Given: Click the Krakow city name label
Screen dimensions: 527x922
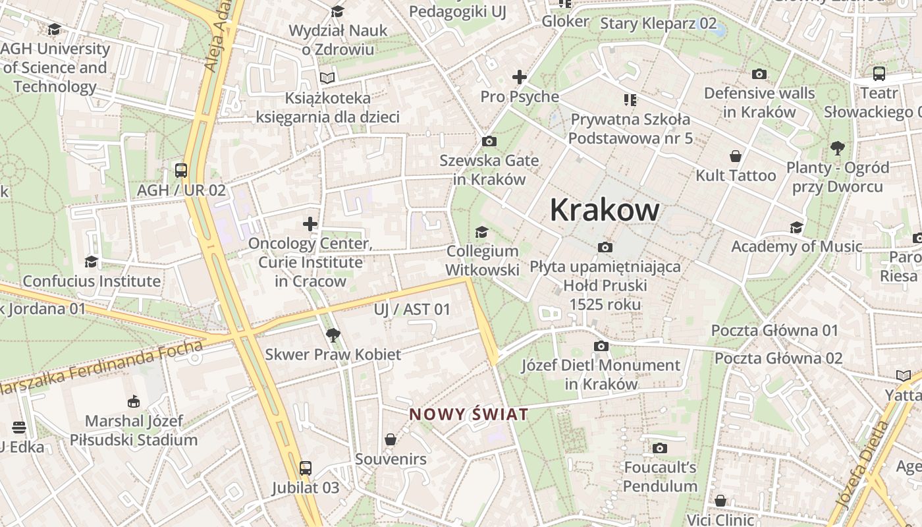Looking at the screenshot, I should [x=604, y=209].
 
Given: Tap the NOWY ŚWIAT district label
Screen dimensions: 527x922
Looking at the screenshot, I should [x=468, y=414].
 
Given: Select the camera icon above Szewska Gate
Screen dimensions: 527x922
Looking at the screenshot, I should [x=489, y=141].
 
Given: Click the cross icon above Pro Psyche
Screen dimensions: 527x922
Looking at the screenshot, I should [x=520, y=78].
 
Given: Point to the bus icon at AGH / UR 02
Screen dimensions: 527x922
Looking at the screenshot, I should [x=181, y=171].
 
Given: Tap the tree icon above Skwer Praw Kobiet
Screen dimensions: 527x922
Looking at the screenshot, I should [x=333, y=335].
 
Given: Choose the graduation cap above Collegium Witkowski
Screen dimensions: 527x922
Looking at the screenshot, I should [x=482, y=232].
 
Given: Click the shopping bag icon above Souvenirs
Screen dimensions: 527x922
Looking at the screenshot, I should [x=391, y=439].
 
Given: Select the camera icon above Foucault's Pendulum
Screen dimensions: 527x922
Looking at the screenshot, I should [x=659, y=449].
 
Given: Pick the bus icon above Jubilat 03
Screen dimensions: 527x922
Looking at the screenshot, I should [x=305, y=468].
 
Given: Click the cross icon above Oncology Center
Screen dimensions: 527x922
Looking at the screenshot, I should [x=310, y=224].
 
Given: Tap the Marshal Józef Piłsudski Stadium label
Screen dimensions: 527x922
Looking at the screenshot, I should [x=134, y=430].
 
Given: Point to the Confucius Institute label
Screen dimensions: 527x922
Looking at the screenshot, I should [x=92, y=281].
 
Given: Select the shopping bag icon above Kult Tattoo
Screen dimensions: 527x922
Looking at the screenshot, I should [x=736, y=156].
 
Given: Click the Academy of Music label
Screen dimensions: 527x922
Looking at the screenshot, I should [x=796, y=246].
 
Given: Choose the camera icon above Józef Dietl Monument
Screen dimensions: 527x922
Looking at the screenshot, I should [x=601, y=346].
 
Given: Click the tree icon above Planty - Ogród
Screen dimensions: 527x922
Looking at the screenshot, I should [x=838, y=148].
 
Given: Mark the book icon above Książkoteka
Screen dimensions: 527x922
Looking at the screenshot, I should [x=327, y=78].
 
